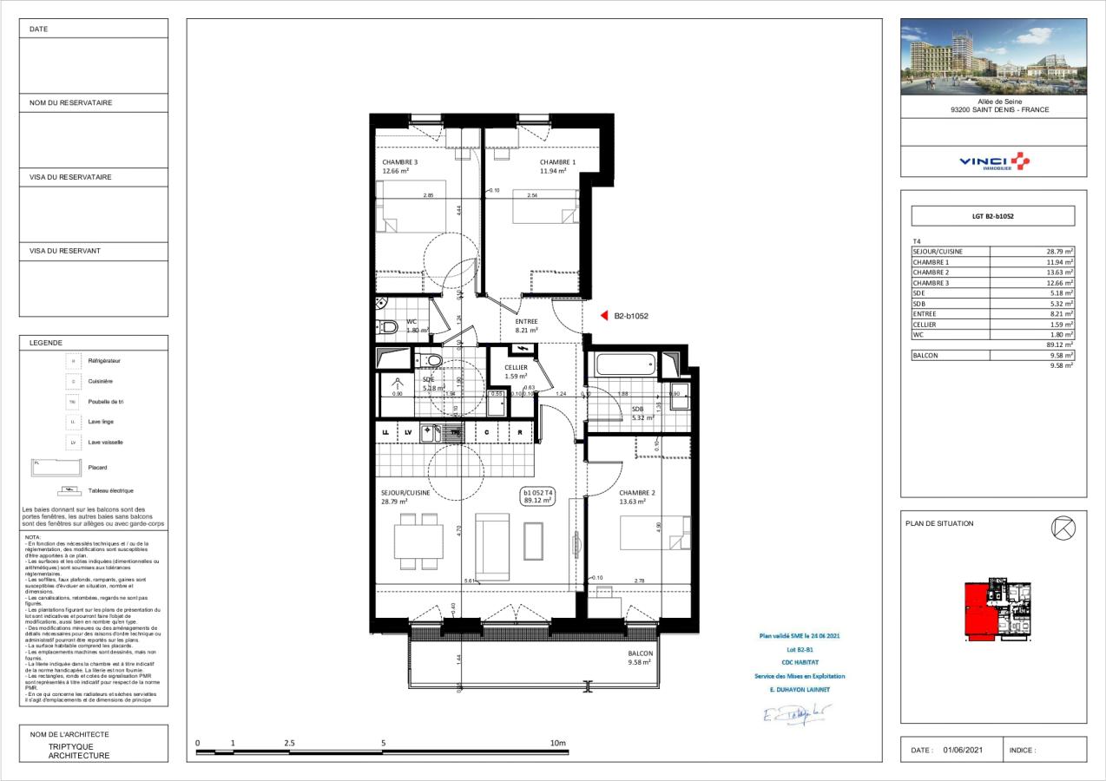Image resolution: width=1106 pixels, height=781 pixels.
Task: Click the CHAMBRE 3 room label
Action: coord(400,162)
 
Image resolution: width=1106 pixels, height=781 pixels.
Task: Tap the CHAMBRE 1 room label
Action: coord(557,162)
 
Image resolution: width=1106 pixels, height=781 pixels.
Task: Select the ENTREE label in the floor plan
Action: coord(527,321)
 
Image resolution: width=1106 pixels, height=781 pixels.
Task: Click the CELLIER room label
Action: coord(516,367)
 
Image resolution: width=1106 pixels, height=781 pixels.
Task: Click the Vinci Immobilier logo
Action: coord(993,161)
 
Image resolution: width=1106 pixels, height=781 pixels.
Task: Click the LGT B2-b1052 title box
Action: coord(992,216)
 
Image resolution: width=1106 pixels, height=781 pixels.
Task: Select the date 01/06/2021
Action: coord(963,750)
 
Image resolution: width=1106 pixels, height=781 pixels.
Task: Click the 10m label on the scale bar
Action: coord(557,743)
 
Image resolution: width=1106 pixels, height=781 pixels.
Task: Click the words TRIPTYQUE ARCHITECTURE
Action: coord(79,751)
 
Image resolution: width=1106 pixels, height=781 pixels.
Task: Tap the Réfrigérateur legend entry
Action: coord(105,359)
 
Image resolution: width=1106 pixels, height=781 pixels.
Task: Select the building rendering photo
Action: coord(993,56)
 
